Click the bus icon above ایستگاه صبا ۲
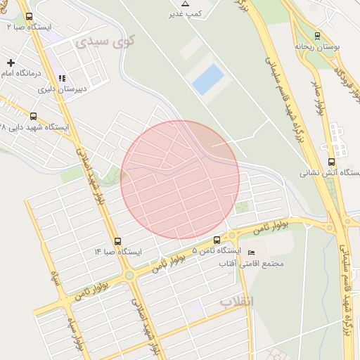(29, 15)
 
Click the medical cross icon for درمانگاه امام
(10, 63)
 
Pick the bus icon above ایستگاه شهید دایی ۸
(34, 117)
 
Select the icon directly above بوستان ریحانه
(317, 35)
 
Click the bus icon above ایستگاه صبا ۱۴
(117, 240)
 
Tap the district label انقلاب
(236, 301)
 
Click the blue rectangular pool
(208, 79)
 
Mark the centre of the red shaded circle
(180, 179)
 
